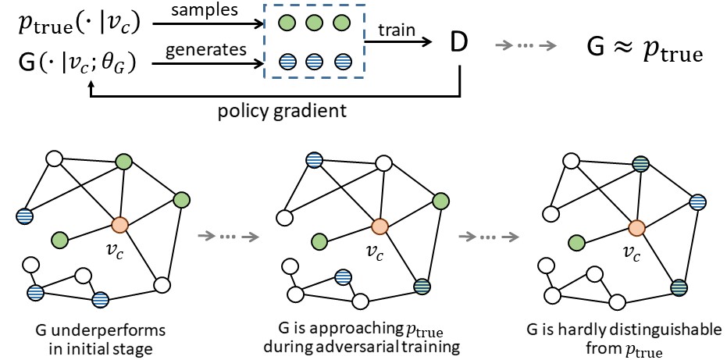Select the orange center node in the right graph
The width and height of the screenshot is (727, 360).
coord(636,226)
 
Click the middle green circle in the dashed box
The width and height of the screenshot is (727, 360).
coord(312,23)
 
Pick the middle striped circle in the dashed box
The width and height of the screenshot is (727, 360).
coord(312,59)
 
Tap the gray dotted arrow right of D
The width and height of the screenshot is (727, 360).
coord(526,45)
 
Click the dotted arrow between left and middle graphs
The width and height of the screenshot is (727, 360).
coord(230,235)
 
